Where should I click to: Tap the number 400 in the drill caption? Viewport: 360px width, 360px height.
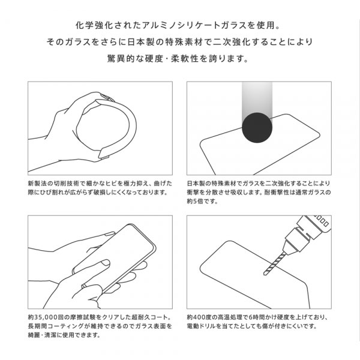click(200, 317)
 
